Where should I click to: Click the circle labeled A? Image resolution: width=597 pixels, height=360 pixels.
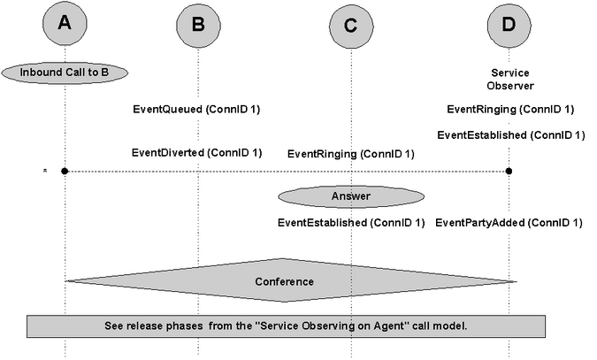(65, 23)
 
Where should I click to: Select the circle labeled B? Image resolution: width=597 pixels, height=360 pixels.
(198, 25)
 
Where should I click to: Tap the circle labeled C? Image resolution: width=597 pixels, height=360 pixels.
(351, 26)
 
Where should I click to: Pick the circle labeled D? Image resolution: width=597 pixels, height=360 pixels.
(509, 25)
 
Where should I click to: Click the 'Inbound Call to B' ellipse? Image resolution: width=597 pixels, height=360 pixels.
(65, 73)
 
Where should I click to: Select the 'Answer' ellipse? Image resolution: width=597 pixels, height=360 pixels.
(351, 196)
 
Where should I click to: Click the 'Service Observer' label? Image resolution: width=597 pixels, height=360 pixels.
(510, 80)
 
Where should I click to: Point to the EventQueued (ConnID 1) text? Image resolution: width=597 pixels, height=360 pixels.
(196, 110)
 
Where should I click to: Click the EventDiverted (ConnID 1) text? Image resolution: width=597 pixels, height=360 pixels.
(197, 153)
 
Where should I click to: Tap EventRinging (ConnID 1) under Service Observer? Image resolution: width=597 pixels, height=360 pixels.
(510, 110)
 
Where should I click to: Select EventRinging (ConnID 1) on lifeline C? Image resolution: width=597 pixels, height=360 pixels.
(350, 154)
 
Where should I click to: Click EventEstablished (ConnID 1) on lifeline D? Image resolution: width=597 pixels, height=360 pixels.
(511, 135)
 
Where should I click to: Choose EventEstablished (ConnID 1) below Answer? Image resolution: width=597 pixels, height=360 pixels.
(351, 223)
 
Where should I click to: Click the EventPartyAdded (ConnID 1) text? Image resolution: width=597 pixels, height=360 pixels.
(509, 223)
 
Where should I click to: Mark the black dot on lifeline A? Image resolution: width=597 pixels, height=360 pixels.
(65, 171)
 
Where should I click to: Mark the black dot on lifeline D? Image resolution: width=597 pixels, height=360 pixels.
(509, 171)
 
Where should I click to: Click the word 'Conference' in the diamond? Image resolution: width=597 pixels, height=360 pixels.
(285, 281)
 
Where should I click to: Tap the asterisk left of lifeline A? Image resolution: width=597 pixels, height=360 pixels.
(45, 171)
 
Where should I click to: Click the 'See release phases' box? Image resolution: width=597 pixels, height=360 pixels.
(286, 326)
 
